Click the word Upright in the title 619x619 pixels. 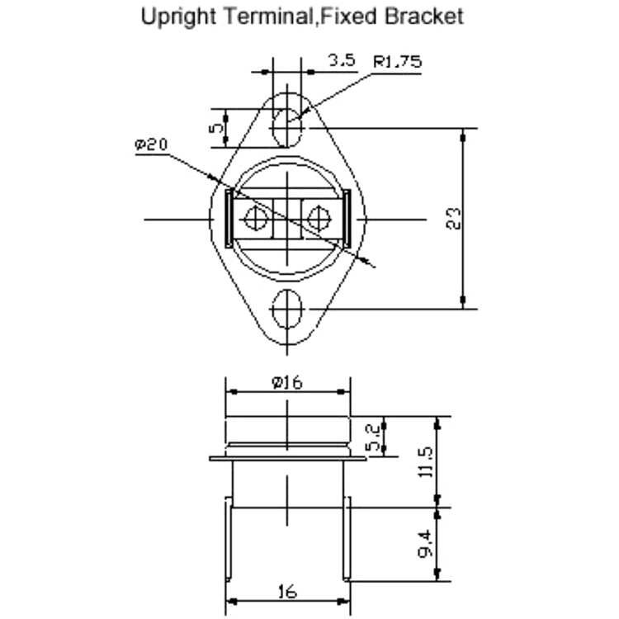tap(178, 18)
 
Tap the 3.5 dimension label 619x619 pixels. tap(343, 60)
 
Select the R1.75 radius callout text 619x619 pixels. tap(397, 62)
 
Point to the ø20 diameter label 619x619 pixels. tap(151, 144)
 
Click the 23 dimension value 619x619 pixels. tap(453, 219)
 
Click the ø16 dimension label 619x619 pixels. tap(287, 382)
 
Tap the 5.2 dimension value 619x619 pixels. tap(373, 437)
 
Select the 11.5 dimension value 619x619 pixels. tap(426, 462)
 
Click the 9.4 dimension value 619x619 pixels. tap(426, 544)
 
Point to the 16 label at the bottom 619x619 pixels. tap(287, 592)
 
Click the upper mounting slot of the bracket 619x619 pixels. tap(287, 127)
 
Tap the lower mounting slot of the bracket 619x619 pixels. tap(287, 309)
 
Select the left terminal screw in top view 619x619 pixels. tap(256, 219)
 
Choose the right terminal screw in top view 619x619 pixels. tap(319, 219)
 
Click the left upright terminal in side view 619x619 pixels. tap(228, 539)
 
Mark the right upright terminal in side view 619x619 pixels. tap(347, 539)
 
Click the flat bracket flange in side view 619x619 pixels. tap(288, 458)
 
